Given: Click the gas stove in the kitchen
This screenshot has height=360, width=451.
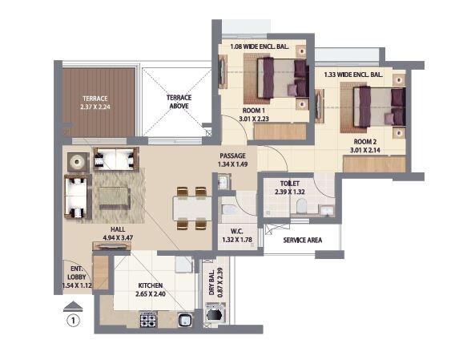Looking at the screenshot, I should (x=149, y=319).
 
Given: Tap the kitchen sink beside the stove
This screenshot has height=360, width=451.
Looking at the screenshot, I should (x=184, y=320).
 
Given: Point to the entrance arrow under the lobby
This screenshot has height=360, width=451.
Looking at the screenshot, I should (x=73, y=305).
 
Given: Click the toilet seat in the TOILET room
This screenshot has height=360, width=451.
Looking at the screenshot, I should (x=301, y=208).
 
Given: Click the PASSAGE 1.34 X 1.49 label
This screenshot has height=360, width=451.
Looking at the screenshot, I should (x=233, y=160).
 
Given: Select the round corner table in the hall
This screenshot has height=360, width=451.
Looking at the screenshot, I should (x=79, y=160).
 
